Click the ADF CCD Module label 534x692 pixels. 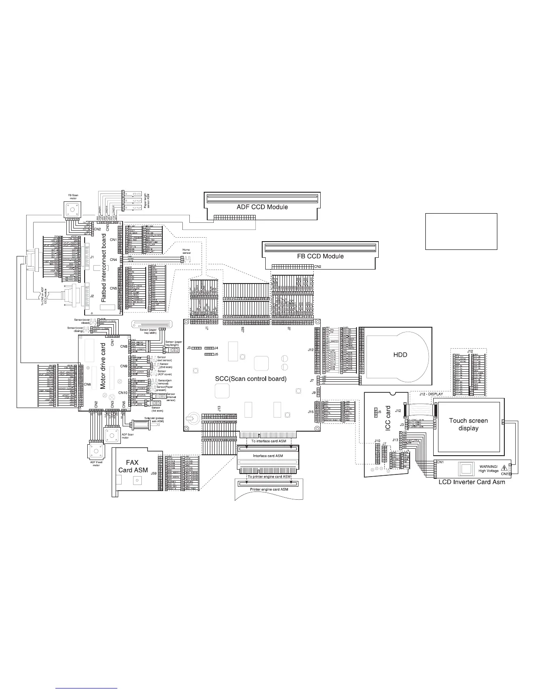262,207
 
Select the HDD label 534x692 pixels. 400,355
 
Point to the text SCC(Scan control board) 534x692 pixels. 251,379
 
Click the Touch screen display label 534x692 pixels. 469,424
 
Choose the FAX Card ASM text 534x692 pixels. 133,466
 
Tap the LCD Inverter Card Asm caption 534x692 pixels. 472,482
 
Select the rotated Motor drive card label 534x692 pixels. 103,366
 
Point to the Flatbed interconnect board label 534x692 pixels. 104,268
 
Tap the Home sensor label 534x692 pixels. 186,252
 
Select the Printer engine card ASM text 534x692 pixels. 269,489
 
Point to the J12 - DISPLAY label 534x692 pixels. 431,394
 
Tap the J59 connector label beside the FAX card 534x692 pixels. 154,473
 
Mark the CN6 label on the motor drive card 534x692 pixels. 87,384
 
